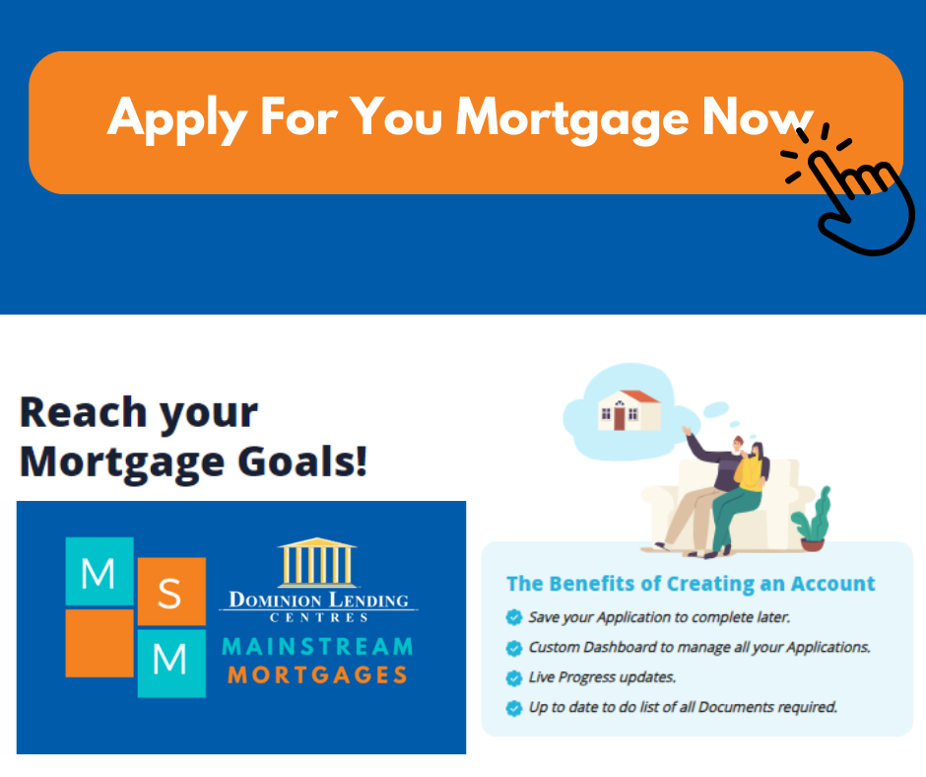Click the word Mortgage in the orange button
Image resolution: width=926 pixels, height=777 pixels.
coord(572,119)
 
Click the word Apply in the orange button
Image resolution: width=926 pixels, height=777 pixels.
coord(176,119)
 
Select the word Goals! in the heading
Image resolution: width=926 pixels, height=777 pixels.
coord(302,461)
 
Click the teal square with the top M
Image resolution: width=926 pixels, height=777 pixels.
coord(99,571)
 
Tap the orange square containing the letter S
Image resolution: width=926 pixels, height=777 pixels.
coord(171,592)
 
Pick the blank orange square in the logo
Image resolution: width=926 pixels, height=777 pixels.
coord(99,643)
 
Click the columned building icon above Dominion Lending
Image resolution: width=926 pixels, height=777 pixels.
coord(317,562)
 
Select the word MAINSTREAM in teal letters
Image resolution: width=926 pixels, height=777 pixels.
coord(318,646)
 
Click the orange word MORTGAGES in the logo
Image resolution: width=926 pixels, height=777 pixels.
coord(318,674)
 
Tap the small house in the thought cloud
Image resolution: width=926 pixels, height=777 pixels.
coord(628,410)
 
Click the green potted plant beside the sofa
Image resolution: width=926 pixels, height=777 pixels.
coord(813,520)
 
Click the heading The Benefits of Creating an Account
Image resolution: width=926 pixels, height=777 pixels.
coord(691,584)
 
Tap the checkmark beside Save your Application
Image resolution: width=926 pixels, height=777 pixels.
coord(514,617)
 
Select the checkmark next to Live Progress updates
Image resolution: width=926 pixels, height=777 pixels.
coord(514,677)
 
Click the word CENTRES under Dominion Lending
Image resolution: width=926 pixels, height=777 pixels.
coord(319,618)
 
